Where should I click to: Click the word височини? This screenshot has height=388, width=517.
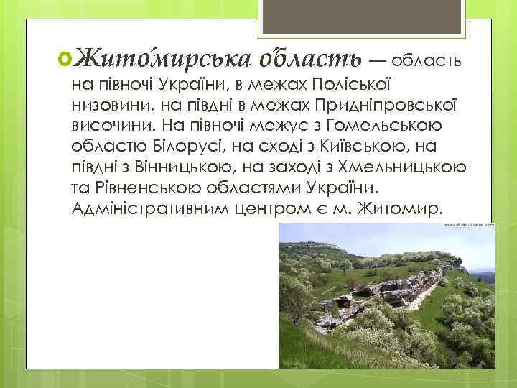[105, 126]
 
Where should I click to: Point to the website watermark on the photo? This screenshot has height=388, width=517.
[469, 225]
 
